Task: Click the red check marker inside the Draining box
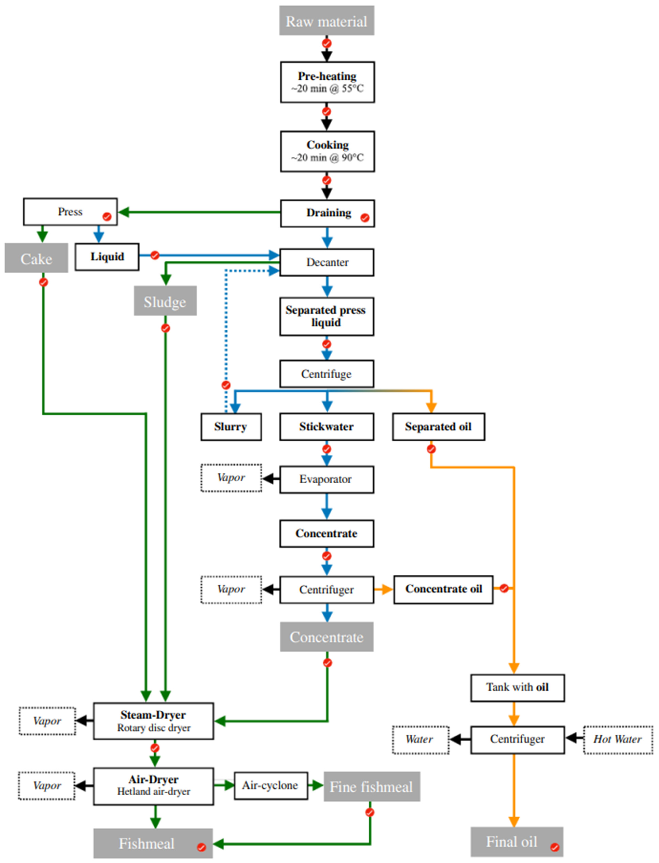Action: [x=365, y=218]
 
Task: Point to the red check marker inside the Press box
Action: [x=107, y=216]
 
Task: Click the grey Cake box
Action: [x=36, y=258]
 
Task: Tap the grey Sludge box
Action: [x=165, y=301]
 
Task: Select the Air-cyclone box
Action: [x=271, y=785]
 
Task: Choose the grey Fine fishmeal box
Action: [x=372, y=786]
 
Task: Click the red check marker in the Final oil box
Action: [x=555, y=847]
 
